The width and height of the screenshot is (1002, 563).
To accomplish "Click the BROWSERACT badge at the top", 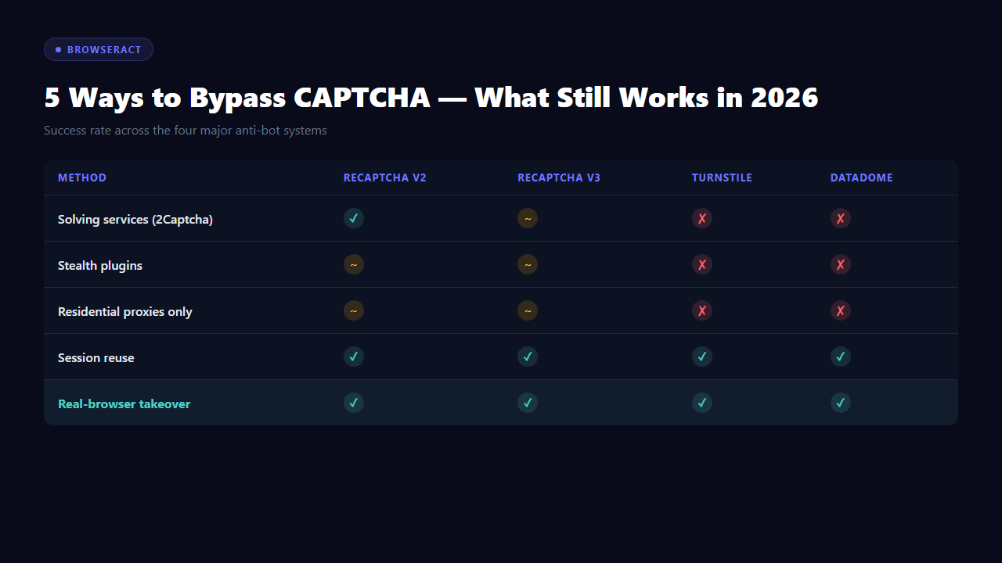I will pos(98,49).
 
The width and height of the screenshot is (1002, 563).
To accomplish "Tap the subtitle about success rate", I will pos(186,131).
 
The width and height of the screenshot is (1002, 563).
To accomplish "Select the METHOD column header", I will pos(82,178).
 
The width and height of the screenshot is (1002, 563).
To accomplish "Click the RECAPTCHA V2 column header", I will pos(384,178).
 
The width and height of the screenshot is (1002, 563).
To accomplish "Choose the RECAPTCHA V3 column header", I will pos(559,178).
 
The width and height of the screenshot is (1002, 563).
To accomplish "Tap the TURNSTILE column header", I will pos(722,178).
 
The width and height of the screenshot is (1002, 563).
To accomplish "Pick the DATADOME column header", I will pos(861,178).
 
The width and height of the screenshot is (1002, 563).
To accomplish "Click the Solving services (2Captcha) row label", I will pos(135,220).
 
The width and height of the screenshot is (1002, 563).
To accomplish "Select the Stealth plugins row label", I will pos(100,266).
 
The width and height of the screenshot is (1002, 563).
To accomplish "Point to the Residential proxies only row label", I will pos(125,312).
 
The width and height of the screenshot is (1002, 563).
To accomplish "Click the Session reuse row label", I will pos(96,358).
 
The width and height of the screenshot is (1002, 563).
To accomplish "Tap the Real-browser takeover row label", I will pos(124,404).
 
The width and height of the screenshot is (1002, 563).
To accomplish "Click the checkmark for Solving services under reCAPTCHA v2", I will pos(354,218).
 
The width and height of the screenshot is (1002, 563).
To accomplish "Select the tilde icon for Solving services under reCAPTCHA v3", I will pos(528,218).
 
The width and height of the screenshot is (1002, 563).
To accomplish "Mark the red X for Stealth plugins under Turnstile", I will pos(702,264).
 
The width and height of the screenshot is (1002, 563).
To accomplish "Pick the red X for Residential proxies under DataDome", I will pos(841,310).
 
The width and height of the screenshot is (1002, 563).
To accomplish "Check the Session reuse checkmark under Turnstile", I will pos(702,357).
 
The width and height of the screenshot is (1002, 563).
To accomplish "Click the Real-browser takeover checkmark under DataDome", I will pos(841,403).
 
